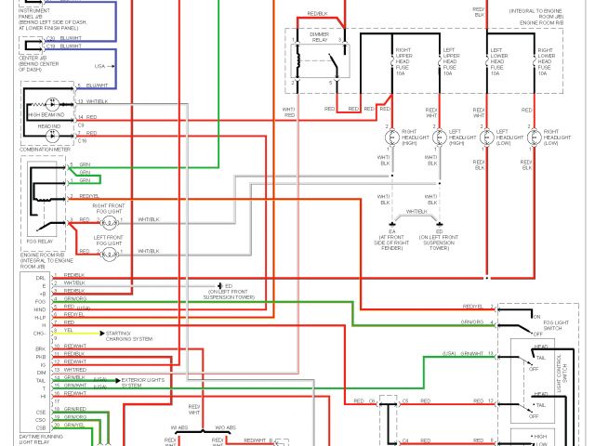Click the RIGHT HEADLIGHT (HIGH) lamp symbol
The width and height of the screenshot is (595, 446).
click(x=390, y=137)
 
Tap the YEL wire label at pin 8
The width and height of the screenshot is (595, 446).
click(x=68, y=330)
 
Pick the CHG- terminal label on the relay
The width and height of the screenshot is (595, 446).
click(x=39, y=331)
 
